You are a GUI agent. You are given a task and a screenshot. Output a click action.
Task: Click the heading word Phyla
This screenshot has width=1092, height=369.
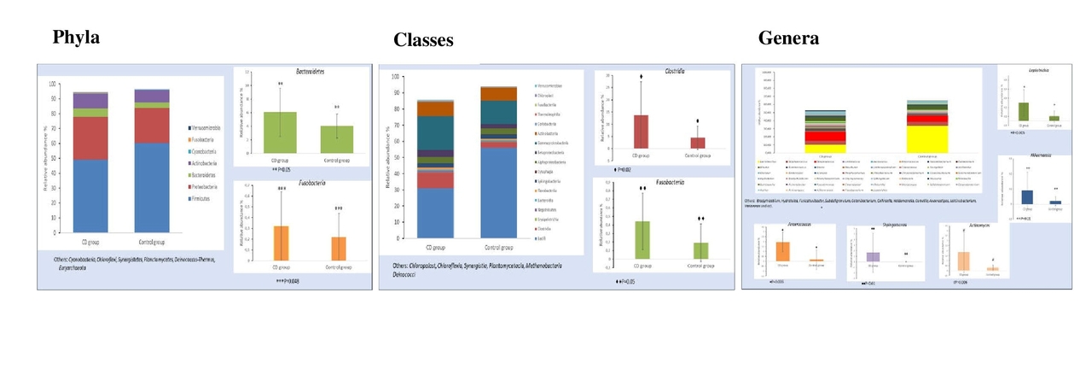[76, 38]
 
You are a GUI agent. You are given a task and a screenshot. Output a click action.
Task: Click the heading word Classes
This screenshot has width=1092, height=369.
[423, 40]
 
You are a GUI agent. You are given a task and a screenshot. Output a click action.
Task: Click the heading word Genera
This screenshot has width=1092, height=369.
[788, 38]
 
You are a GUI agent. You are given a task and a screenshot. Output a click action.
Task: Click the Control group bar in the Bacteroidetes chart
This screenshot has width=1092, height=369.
[336, 139]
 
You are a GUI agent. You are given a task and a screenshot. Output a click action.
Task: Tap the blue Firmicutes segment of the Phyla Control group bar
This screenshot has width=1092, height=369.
[152, 187]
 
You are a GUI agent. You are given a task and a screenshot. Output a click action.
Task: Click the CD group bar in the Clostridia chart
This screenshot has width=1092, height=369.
[641, 132]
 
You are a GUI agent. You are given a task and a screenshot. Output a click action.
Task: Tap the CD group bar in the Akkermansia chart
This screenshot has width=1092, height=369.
[1027, 197]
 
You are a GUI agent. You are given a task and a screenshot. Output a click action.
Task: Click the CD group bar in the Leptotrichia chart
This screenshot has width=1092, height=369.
[1024, 112]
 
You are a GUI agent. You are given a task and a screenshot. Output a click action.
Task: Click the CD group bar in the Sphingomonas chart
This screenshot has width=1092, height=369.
[873, 256]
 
